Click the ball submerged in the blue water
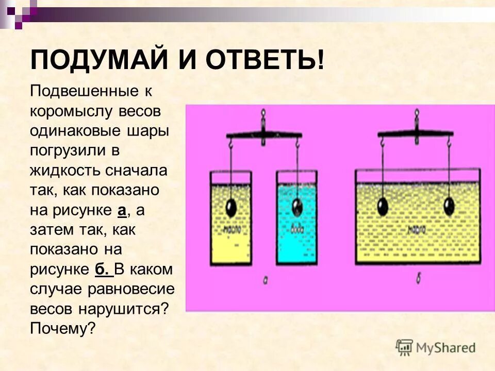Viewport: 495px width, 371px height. [x=298, y=207]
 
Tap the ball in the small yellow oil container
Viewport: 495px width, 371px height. [x=232, y=208]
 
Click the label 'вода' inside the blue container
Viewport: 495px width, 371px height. [x=298, y=230]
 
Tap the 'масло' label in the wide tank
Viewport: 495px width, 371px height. [x=416, y=227]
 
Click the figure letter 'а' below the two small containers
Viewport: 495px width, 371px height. [x=265, y=280]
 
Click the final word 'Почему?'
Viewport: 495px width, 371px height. [x=63, y=328]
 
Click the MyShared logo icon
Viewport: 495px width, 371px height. [x=405, y=347]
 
